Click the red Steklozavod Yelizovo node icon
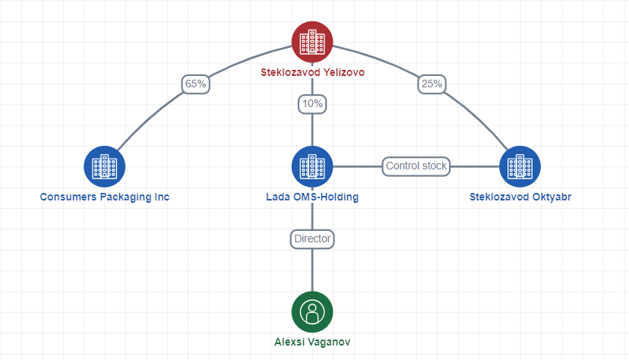pyautogui.click(x=312, y=42)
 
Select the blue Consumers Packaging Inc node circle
pyautogui.click(x=104, y=166)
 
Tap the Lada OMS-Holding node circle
pyautogui.click(x=312, y=166)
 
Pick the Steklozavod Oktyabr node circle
pyautogui.click(x=520, y=166)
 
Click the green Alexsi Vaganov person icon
pyautogui.click(x=312, y=312)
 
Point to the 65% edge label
pyautogui.click(x=196, y=84)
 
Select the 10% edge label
pyautogui.click(x=312, y=104)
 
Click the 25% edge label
pyautogui.click(x=431, y=84)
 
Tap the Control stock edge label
pyautogui.click(x=416, y=166)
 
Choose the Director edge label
pyautogui.click(x=312, y=239)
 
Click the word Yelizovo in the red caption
pyautogui.click(x=344, y=73)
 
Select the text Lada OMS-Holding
pyautogui.click(x=312, y=197)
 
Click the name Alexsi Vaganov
pyautogui.click(x=312, y=342)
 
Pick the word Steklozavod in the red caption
pyautogui.click(x=290, y=73)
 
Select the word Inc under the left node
pyautogui.click(x=162, y=197)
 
